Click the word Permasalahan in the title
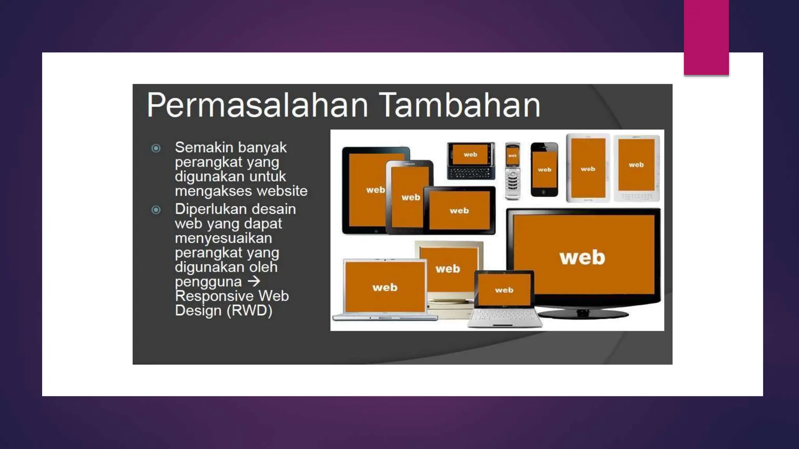click(x=257, y=105)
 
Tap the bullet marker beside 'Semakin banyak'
click(x=156, y=148)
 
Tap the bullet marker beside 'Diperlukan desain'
click(x=156, y=210)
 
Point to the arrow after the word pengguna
click(x=254, y=281)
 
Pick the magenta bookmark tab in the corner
click(x=706, y=37)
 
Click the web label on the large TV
click(x=582, y=258)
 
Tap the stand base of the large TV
click(x=583, y=314)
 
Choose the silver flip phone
click(x=513, y=171)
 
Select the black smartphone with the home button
click(x=544, y=170)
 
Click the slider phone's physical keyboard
click(x=471, y=172)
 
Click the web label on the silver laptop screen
click(x=385, y=288)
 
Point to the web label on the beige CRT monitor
click(x=447, y=269)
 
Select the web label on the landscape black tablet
click(x=459, y=211)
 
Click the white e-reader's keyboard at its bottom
click(x=636, y=196)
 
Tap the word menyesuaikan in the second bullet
click(x=223, y=238)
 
